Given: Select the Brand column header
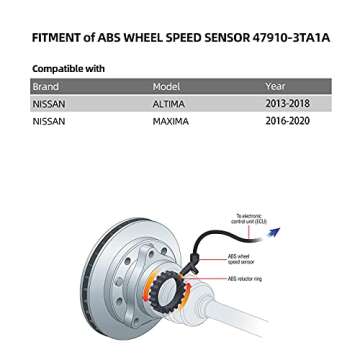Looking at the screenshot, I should pos(44,87).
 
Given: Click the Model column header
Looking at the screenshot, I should pos(165,87).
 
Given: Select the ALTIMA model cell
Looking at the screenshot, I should pos(168,103).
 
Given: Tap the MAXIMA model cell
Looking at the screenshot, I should pos(169,120).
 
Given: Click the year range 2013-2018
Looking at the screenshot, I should pos(287,103).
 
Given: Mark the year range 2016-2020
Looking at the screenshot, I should pos(287,120).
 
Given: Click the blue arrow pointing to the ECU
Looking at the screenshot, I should pos(273,232).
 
